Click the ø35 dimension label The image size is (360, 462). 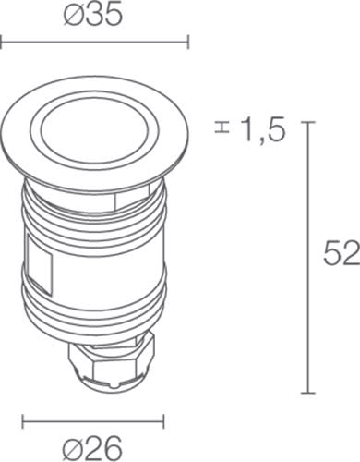93,16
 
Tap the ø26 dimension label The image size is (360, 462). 92,448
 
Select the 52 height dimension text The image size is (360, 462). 342,253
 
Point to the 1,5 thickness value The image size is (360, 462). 263,130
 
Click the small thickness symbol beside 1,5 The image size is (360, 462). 222,128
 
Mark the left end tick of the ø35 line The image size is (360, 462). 1,42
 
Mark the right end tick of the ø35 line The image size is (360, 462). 188,42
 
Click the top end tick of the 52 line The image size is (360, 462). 307,122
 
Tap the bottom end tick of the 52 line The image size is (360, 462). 307,393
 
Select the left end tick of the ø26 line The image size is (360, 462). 23,421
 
